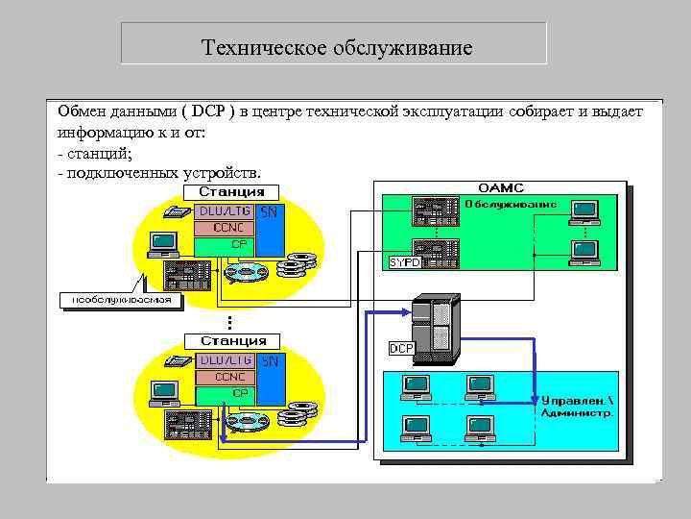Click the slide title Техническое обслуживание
coord(337,47)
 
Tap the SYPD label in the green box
coord(404,261)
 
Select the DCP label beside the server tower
coord(401,347)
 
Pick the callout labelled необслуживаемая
coord(121,299)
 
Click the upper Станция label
coord(232,191)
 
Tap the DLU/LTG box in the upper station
coord(223,210)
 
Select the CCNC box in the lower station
coord(223,377)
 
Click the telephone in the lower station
coord(179,362)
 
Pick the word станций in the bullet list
coord(99,153)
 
